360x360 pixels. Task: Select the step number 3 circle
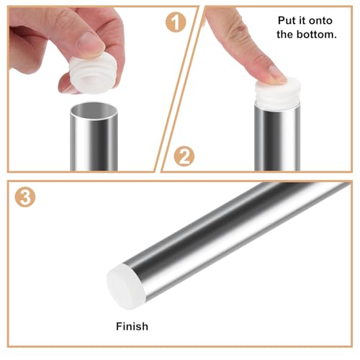coord(25,197)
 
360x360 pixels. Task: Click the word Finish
coord(132,326)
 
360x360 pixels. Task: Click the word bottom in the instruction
coord(318,34)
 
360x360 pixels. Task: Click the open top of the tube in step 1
coord(94,112)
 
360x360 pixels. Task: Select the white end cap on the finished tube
coord(123,285)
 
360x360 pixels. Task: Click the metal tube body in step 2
coord(277,140)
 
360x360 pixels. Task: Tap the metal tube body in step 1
coord(94,144)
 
